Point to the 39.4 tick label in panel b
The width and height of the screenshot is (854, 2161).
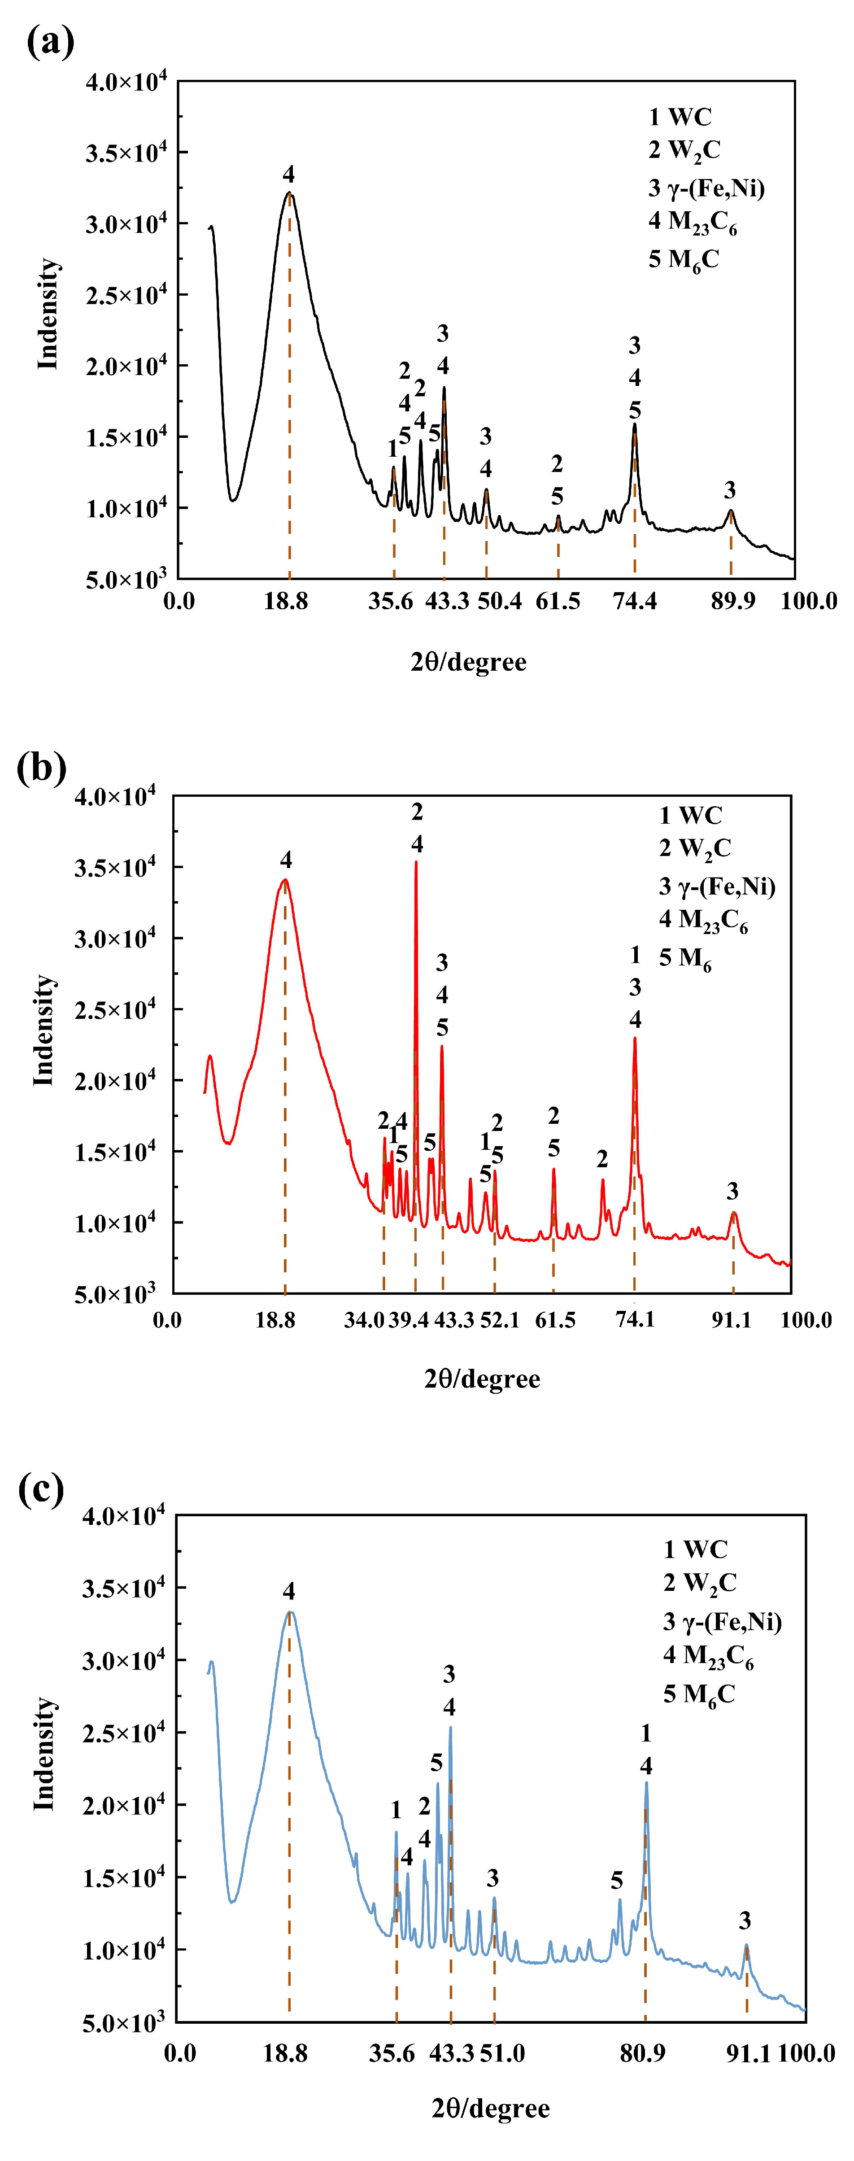[409, 1319]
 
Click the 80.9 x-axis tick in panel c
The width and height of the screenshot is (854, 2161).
[643, 2053]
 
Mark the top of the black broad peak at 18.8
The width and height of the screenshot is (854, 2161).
[289, 193]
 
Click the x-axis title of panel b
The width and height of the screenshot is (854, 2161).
[482, 1378]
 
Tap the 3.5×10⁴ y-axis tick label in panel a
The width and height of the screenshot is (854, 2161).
[126, 153]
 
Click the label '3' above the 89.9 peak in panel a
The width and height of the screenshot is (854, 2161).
[730, 490]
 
